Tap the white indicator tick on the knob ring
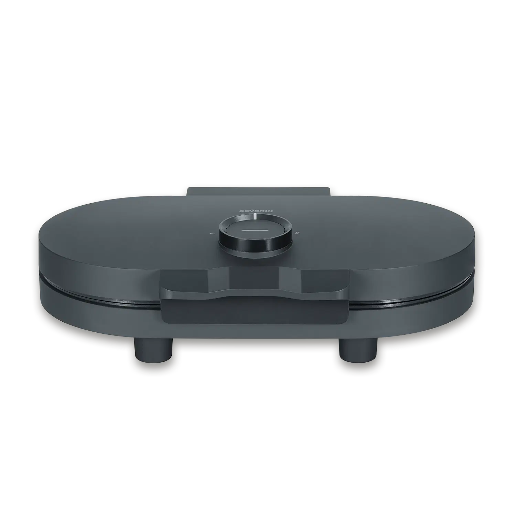coord(255,216)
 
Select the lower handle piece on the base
coord(255,311)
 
